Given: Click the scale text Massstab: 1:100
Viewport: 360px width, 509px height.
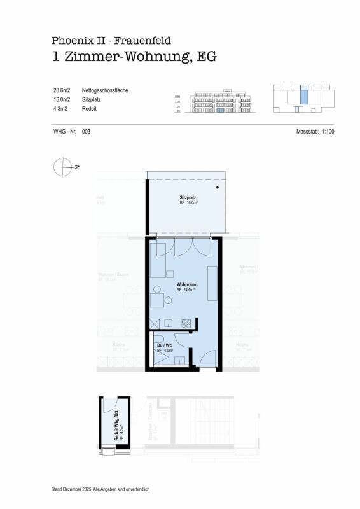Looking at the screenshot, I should point(315,131).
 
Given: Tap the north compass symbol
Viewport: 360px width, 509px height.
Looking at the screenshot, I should point(62,167).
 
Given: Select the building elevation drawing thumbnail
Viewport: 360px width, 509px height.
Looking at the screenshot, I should point(216,100).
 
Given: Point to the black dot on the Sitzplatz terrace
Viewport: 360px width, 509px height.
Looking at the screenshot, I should point(218,188).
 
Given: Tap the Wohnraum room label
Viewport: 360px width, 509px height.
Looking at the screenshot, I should point(185,284).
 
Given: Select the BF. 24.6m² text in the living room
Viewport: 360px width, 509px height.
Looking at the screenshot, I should point(185,289).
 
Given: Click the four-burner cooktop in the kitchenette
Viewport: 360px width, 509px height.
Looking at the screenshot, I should point(187,323).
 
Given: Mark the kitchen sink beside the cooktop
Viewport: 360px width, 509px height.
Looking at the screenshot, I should point(167,324).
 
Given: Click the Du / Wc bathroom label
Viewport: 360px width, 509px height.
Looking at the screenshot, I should point(164,345).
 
